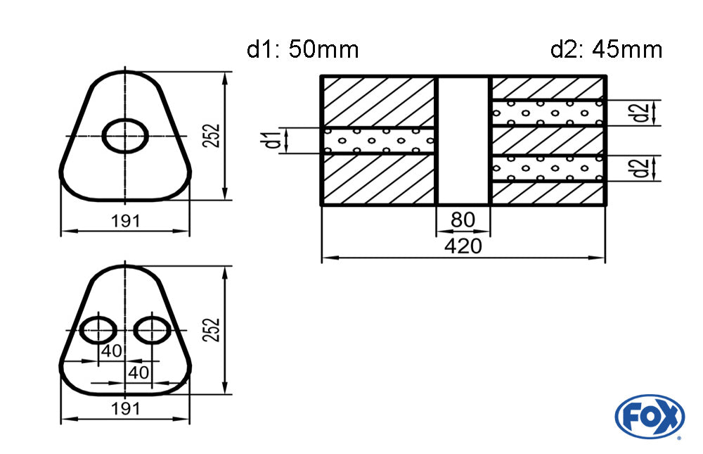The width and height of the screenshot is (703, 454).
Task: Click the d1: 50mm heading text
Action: click(302, 49)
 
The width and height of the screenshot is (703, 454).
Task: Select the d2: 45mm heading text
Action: click(606, 49)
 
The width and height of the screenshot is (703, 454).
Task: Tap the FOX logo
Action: click(650, 417)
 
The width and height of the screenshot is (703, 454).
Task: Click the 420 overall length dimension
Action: click(463, 246)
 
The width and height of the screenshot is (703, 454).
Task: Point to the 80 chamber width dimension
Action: click(463, 220)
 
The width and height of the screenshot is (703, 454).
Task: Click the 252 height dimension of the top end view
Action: click(211, 136)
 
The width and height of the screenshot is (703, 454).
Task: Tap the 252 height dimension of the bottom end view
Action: click(211, 330)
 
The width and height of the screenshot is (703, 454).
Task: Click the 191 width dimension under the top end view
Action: click(126, 221)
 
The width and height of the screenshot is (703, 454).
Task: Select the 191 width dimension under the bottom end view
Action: click(126, 409)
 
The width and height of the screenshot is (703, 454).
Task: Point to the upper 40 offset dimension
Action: click(111, 351)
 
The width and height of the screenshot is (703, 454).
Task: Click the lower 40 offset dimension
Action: click(138, 372)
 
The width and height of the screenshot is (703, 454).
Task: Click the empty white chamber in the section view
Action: click(463, 141)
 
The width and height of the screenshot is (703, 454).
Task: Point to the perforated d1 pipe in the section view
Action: click(379, 141)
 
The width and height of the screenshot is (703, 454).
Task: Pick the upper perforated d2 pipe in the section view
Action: click(548, 113)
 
